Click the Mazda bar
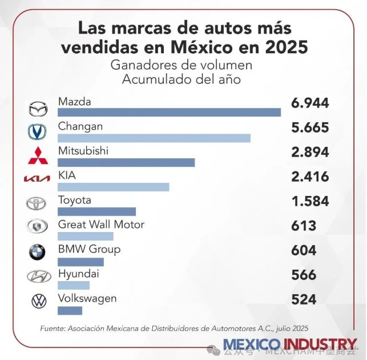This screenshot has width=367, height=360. [169, 112]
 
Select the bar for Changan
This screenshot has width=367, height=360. [154, 138]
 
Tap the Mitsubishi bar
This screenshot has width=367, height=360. [126, 162]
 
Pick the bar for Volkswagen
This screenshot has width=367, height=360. [70, 310]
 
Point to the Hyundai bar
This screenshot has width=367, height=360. [74, 285]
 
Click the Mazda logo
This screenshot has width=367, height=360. [38, 107]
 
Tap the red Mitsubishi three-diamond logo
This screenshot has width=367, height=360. [37, 155]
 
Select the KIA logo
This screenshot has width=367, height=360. [37, 179]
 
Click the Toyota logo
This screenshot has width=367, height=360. [38, 203]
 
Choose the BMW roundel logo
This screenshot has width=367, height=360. [38, 252]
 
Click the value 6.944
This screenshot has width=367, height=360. [310, 103]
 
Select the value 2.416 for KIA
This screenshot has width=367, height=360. [310, 177]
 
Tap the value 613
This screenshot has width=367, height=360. [304, 226]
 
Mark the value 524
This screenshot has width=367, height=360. [304, 299]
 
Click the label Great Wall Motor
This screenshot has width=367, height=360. [101, 225]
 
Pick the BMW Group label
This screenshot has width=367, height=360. [89, 249]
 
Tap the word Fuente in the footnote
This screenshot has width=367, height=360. [52, 329]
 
